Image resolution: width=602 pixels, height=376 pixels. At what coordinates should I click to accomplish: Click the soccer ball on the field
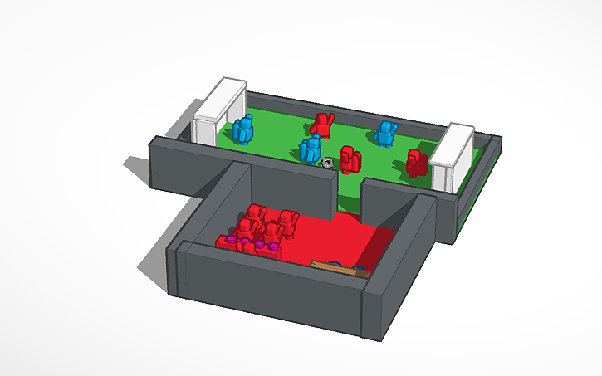click(x=328, y=161)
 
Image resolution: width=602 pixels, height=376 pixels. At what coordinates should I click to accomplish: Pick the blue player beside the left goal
click(x=243, y=131)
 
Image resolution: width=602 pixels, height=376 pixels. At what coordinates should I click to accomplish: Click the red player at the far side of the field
click(x=322, y=125)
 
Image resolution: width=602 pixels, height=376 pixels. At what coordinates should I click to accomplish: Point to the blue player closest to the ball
click(x=311, y=150)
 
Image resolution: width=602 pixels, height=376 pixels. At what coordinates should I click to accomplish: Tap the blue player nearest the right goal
click(x=385, y=133)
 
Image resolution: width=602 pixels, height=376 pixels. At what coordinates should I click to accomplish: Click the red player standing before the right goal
click(x=417, y=164)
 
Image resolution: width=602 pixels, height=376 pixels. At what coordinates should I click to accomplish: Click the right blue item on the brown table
click(x=359, y=268)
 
